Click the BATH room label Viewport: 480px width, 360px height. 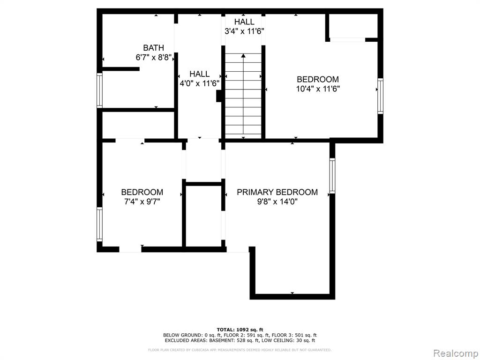pos(153,48)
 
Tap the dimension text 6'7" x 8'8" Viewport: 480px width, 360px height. pos(153,57)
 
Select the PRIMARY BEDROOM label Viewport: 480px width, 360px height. pos(277,192)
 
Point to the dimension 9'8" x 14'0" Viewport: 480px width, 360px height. pos(277,202)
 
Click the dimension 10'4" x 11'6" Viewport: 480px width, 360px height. pos(318,89)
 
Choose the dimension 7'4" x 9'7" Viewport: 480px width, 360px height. pos(142,202)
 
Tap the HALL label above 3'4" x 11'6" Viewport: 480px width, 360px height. pos(244,22)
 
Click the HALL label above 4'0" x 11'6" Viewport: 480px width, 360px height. pos(199,74)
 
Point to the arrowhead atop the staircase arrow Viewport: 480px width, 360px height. pos(243,56)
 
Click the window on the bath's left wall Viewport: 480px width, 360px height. pos(99,90)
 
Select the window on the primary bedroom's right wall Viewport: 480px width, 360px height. pos(332,176)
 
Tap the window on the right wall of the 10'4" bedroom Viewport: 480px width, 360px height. pos(380,96)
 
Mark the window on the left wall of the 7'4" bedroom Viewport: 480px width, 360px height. pos(99,225)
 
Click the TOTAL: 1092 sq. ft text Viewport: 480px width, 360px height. pos(240,330)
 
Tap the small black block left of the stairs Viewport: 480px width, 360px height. pos(219,96)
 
